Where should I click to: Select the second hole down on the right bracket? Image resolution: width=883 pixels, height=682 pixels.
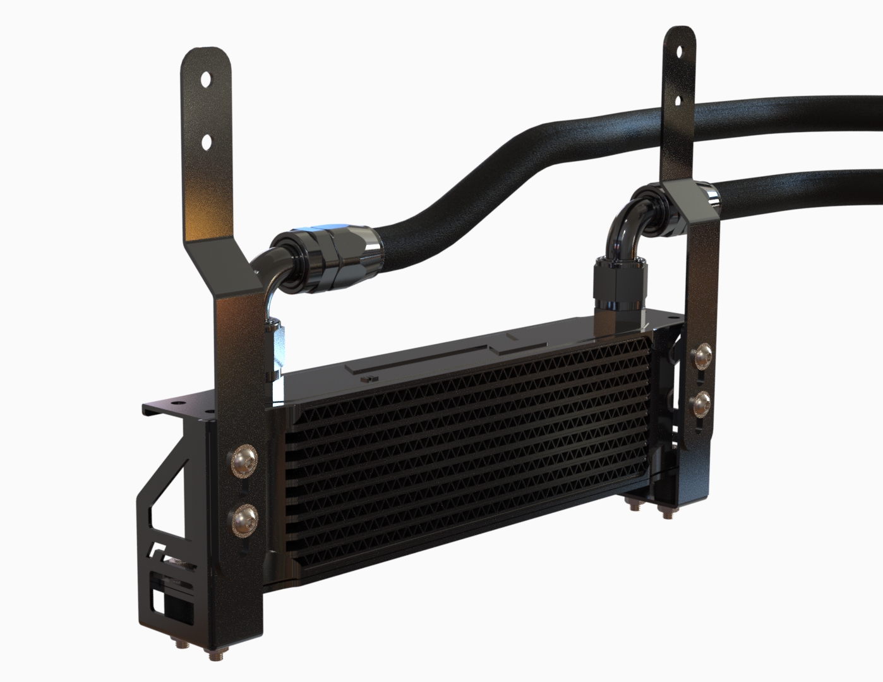[x=678, y=100]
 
